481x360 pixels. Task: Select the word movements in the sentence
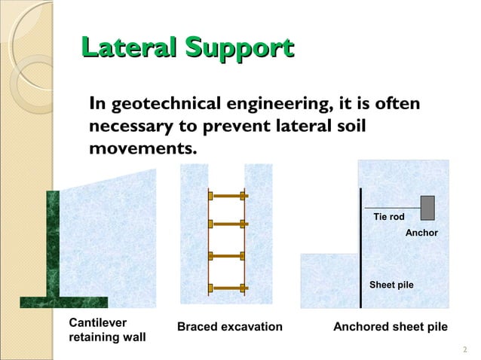point(142,148)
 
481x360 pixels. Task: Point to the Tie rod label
point(389,217)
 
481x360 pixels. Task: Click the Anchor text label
point(421,233)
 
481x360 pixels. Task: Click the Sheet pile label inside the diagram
point(391,285)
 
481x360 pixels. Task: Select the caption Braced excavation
point(229,327)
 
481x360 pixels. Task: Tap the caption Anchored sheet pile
point(391,327)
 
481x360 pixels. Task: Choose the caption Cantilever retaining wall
point(107,330)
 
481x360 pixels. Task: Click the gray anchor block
point(427,206)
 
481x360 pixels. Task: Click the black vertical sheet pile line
point(361,249)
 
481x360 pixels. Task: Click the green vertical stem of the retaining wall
point(53,245)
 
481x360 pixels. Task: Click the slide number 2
point(464,349)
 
